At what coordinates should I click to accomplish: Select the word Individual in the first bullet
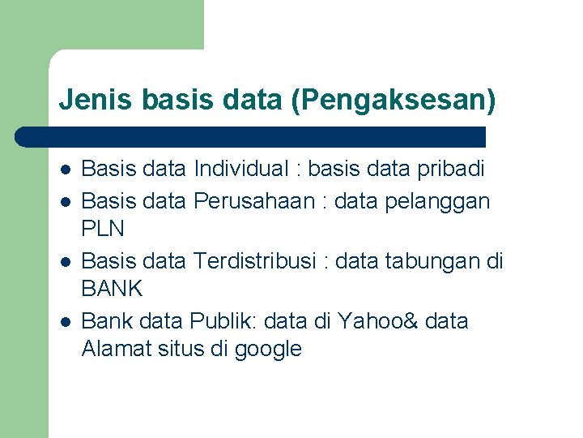point(240,169)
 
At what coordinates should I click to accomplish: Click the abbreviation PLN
point(103,229)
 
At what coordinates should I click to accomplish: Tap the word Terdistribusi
point(258,261)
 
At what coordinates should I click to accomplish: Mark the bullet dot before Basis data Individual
point(66,170)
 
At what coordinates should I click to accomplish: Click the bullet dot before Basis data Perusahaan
point(66,201)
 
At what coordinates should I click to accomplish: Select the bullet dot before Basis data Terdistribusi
point(66,262)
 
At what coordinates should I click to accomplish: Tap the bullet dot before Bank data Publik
point(66,322)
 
